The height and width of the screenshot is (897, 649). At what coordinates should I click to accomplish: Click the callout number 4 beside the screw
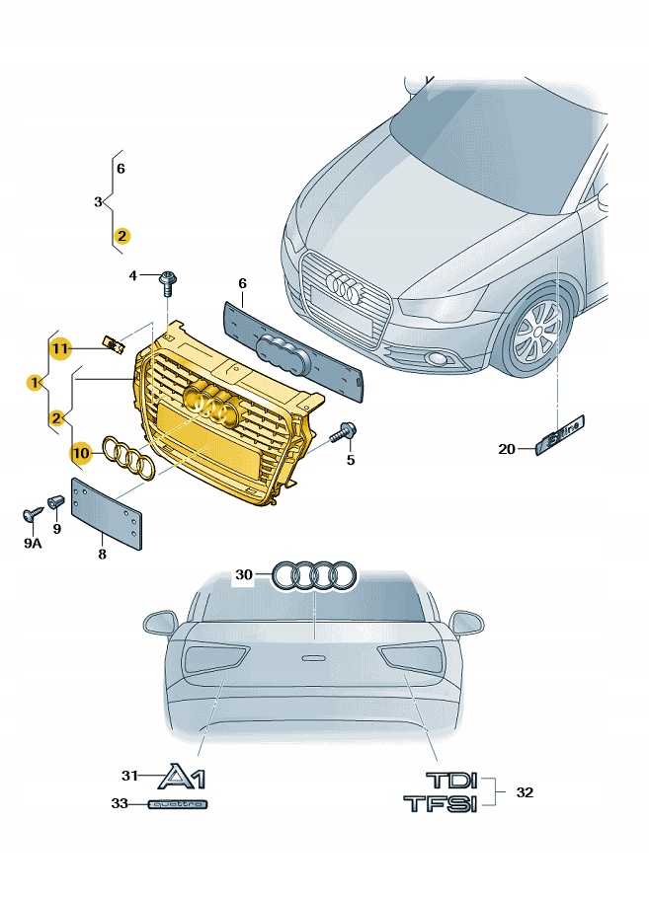pyautogui.click(x=134, y=275)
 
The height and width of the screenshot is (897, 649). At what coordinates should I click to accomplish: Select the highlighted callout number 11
pyautogui.click(x=60, y=348)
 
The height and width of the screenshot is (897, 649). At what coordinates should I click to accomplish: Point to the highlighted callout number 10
pyautogui.click(x=80, y=453)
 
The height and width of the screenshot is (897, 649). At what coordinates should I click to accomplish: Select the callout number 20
pyautogui.click(x=507, y=450)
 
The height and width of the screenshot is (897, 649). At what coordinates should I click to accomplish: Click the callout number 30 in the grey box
pyautogui.click(x=244, y=574)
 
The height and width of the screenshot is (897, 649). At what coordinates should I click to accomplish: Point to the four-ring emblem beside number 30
pyautogui.click(x=314, y=575)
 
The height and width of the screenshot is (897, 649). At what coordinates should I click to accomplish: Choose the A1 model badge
pyautogui.click(x=185, y=778)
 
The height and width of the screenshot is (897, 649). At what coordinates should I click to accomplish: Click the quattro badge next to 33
pyautogui.click(x=179, y=805)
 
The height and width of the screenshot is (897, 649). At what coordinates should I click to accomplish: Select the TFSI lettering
pyautogui.click(x=440, y=804)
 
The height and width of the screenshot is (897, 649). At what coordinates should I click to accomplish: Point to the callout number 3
pyautogui.click(x=98, y=202)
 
